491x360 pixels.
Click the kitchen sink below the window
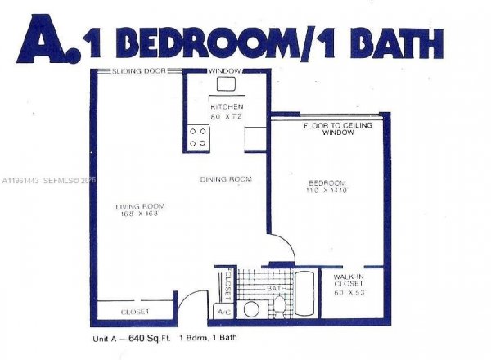[x=226, y=84]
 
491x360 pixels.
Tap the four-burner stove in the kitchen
[x=198, y=137]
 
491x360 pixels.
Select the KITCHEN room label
[x=226, y=107]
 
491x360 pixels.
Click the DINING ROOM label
[x=226, y=179]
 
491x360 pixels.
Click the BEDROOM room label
[x=327, y=182]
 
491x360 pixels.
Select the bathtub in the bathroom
[x=304, y=294]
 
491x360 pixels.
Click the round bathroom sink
[x=252, y=308]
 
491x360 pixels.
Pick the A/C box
[x=223, y=312]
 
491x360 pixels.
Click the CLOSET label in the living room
[x=134, y=312]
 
